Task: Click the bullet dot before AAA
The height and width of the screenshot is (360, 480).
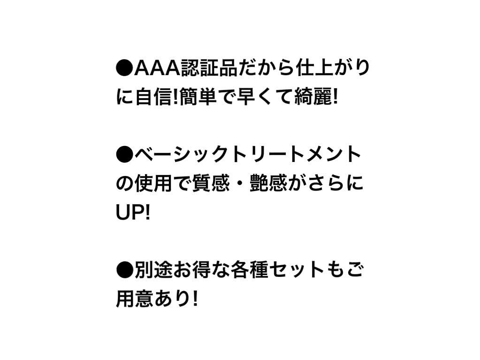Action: (x=125, y=69)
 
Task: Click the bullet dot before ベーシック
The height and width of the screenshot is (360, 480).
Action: (x=125, y=155)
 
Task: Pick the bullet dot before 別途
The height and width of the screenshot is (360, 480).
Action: (x=125, y=271)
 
